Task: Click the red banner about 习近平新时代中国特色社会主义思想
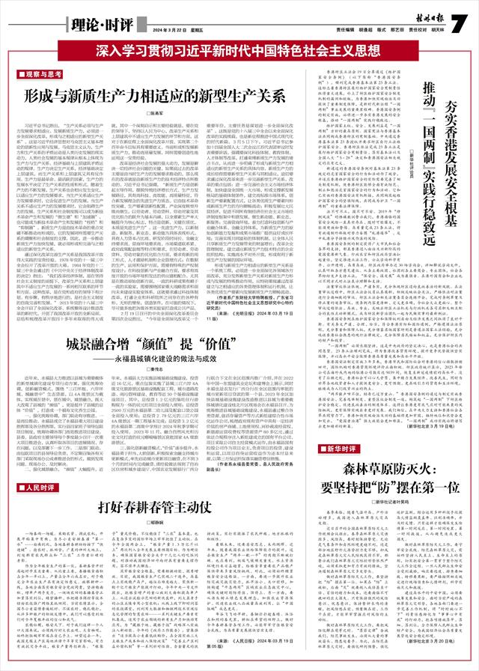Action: [239, 53]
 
